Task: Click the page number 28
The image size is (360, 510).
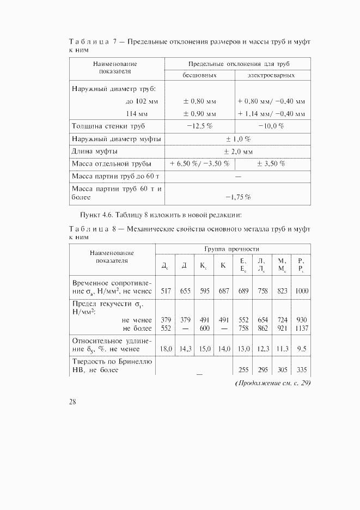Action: click(74, 402)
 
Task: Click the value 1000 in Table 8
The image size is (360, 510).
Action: click(301, 291)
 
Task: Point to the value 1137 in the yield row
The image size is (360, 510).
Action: click(301, 329)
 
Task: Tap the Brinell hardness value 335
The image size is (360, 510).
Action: click(301, 370)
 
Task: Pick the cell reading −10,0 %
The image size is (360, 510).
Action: click(271, 126)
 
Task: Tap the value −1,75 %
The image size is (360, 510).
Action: click(237, 197)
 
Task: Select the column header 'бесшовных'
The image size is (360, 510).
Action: click(199, 75)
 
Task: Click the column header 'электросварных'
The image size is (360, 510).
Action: click(271, 75)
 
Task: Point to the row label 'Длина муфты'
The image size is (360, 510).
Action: click(95, 151)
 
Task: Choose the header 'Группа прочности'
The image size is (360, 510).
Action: click(232, 249)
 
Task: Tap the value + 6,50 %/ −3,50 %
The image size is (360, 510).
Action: click(199, 163)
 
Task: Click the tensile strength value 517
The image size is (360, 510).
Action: click(166, 291)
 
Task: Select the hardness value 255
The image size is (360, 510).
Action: click(243, 370)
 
